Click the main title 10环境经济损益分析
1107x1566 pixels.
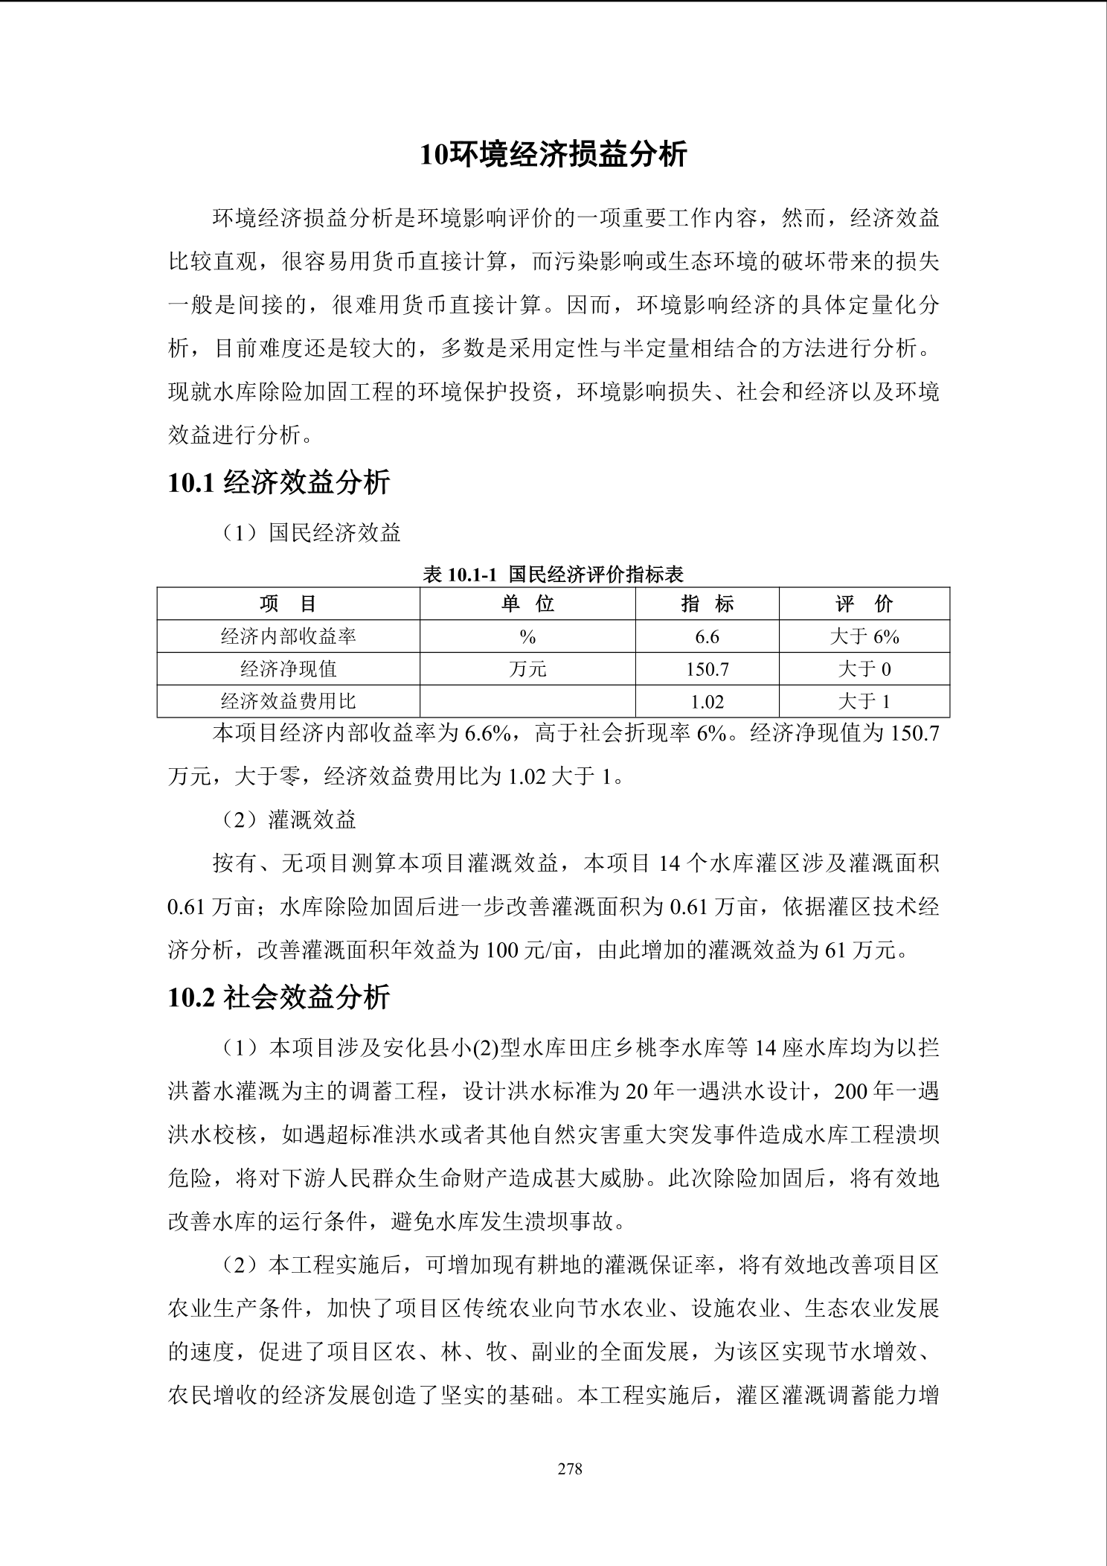[553, 155]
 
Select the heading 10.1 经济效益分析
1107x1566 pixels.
[279, 483]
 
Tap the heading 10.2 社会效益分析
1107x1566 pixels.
[279, 997]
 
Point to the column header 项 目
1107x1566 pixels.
[288, 604]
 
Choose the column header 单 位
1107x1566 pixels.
[527, 604]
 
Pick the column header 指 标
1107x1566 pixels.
[707, 604]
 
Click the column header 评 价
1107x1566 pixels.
[864, 604]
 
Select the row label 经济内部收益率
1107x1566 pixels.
[288, 636]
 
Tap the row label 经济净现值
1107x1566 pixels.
[288, 669]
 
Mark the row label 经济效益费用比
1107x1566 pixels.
[288, 701]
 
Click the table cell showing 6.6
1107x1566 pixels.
[707, 636]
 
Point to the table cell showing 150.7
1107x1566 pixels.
[707, 669]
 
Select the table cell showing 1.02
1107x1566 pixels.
[707, 701]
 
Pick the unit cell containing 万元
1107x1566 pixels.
[527, 669]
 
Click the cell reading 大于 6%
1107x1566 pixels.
[864, 636]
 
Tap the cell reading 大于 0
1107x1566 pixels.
[864, 669]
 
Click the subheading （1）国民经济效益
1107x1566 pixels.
[312, 533]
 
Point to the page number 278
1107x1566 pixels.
[570, 1468]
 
